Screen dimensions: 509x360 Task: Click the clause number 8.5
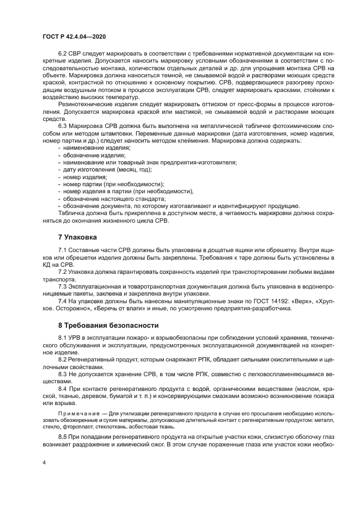[x=63, y=437]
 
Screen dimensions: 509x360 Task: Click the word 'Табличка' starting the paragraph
[x=70, y=213]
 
